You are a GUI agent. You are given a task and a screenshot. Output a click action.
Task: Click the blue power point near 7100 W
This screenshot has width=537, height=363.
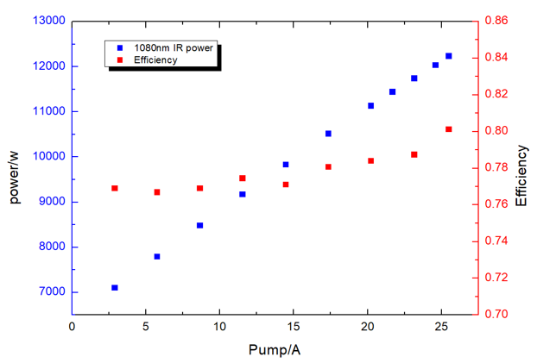pyautogui.click(x=114, y=288)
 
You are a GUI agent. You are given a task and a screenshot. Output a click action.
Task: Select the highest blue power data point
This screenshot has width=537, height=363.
pyautogui.click(x=449, y=56)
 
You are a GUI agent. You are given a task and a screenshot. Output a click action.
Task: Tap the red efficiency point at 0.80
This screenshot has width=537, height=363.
pyautogui.click(x=449, y=129)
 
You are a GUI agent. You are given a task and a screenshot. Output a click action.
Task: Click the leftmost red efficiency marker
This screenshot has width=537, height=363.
pyautogui.click(x=114, y=188)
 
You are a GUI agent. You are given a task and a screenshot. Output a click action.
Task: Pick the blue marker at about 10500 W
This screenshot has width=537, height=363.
pyautogui.click(x=328, y=134)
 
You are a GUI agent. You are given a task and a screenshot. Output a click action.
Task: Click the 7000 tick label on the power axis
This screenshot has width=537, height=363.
pyautogui.click(x=52, y=292)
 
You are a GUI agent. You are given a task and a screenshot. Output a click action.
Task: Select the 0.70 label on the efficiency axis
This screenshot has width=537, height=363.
pyautogui.click(x=497, y=315)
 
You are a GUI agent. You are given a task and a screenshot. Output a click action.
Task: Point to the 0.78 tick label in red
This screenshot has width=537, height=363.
pyautogui.click(x=497, y=167)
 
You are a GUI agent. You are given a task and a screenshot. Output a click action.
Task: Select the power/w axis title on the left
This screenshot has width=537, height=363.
pyautogui.click(x=15, y=186)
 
